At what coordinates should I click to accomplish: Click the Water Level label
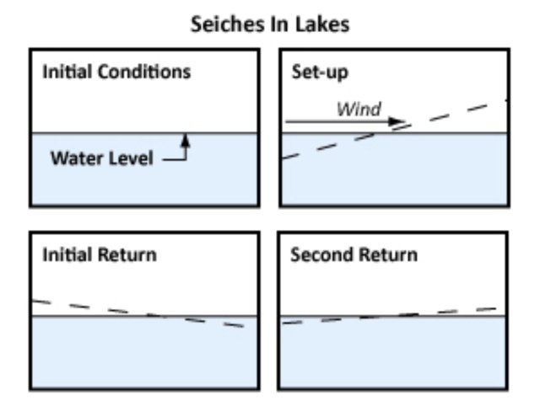pyautogui.click(x=102, y=158)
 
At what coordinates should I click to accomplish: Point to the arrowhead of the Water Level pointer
pyautogui.click(x=185, y=137)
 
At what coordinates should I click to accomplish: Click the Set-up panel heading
pyautogui.click(x=314, y=71)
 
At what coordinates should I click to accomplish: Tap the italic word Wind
pyautogui.click(x=359, y=109)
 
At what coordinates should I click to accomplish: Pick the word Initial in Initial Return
pyautogui.click(x=67, y=254)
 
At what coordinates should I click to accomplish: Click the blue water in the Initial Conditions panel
pyautogui.click(x=143, y=181)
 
